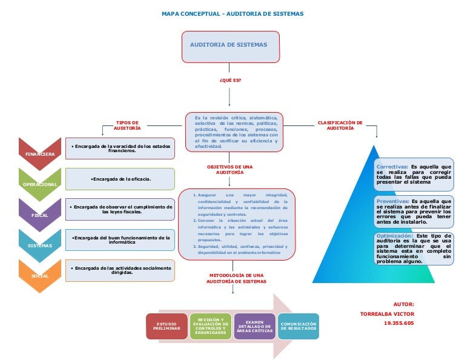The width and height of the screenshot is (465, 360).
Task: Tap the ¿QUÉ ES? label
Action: tap(229, 79)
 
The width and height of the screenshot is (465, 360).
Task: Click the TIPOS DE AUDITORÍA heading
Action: tap(127, 125)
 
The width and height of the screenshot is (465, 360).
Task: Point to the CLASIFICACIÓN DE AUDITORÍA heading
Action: tap(340, 125)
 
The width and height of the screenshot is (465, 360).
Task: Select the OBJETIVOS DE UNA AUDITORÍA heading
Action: tap(229, 169)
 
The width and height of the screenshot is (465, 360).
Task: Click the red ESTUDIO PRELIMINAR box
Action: tap(167, 327)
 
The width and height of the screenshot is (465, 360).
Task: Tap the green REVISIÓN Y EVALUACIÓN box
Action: tap(210, 326)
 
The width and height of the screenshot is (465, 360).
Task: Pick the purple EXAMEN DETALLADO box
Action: tap(254, 326)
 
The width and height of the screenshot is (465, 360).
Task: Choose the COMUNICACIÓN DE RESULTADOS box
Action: tap(298, 326)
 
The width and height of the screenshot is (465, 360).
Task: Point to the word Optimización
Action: tap(395, 236)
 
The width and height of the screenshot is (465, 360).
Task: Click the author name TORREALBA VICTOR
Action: tap(387, 314)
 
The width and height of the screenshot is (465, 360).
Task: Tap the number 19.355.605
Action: tap(398, 324)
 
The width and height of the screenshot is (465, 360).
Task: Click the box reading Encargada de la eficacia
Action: tap(120, 179)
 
